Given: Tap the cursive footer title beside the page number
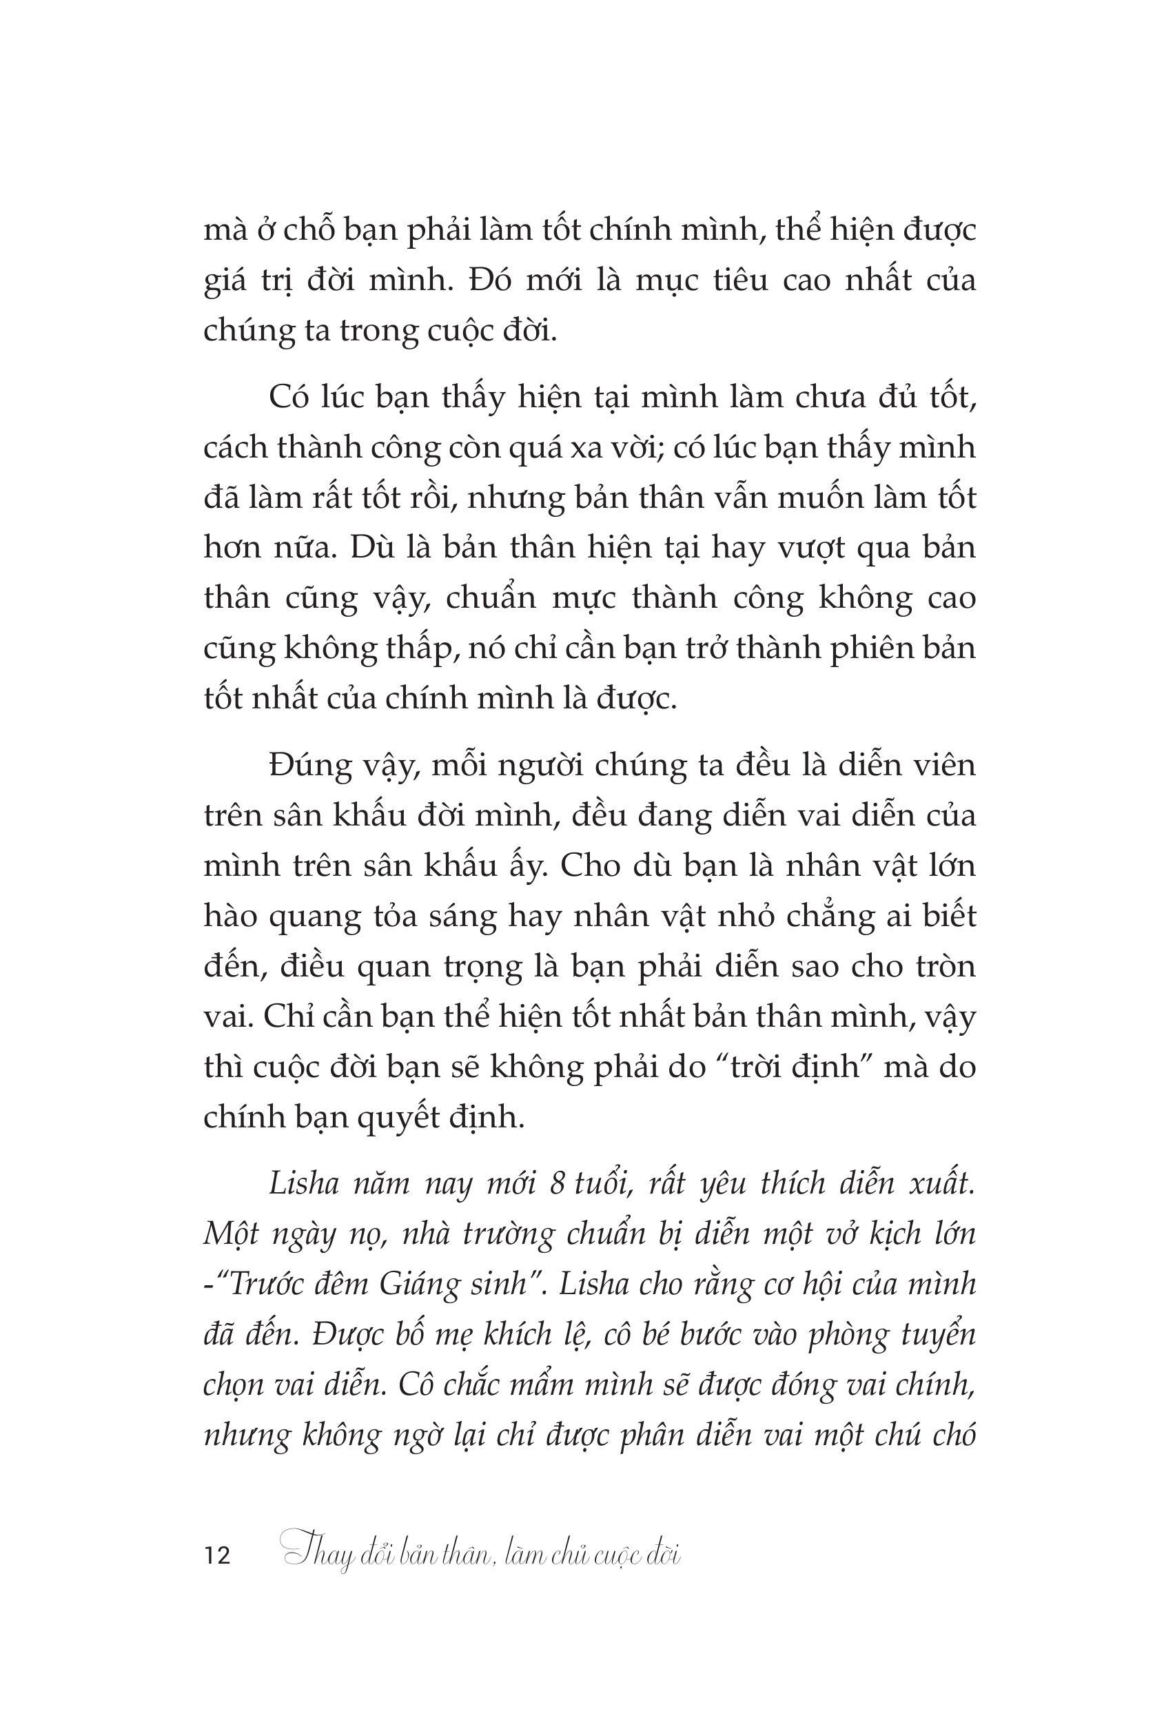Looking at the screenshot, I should tap(482, 1554).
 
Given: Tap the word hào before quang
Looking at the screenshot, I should tap(231, 917).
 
